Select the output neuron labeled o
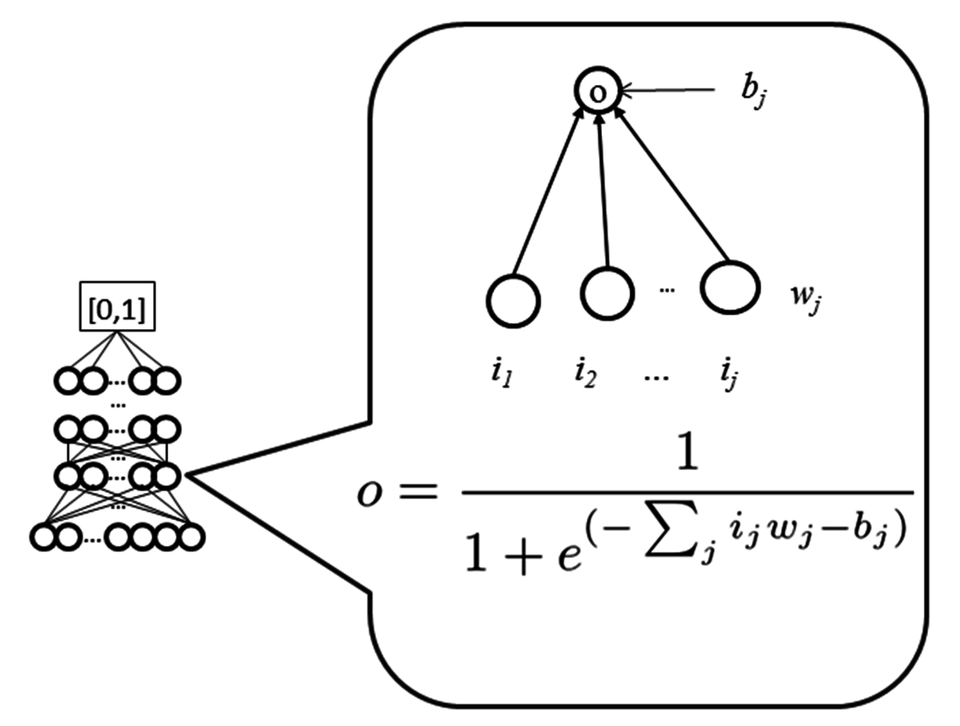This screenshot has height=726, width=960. [598, 92]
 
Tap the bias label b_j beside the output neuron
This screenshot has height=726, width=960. [751, 93]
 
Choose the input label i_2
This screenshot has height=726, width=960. [584, 374]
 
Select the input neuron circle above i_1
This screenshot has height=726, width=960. [513, 301]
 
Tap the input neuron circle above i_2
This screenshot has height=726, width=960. [607, 293]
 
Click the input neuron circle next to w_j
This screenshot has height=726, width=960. [730, 287]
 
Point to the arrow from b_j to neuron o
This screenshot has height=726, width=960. [668, 90]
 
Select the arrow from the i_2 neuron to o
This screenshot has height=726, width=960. [604, 191]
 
